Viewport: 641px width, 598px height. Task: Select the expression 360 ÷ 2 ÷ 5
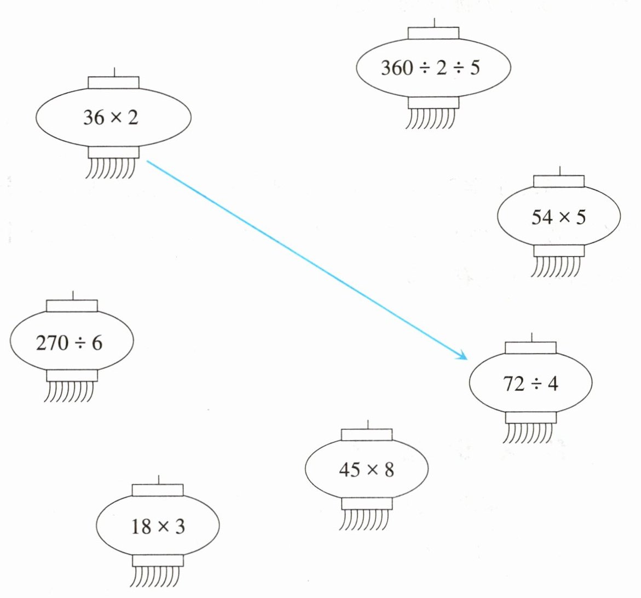430,68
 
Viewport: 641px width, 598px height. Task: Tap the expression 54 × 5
558,218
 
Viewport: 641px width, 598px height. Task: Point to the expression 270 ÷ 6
69,343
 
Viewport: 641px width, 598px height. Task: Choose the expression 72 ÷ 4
530,384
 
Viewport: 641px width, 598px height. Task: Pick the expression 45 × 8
366,470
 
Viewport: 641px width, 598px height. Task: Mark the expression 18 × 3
158,527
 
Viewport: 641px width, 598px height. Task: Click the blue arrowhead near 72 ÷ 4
464,357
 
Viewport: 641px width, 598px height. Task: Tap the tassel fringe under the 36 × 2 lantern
111,168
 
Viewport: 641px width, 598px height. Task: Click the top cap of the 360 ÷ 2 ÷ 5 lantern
434,33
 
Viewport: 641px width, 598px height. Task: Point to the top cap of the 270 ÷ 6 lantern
72,305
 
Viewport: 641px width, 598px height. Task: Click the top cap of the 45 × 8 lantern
367,435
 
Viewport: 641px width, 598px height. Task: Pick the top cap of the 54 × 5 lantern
558,181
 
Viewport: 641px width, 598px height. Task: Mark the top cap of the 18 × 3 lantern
158,489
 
